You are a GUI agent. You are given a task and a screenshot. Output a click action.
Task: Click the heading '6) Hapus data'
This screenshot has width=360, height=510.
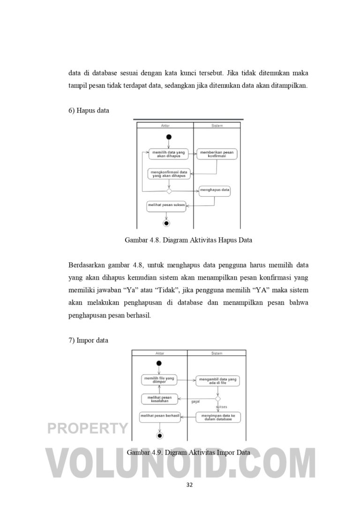coord(89,110)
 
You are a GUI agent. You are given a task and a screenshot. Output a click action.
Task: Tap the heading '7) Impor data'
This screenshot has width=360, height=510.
coord(88,340)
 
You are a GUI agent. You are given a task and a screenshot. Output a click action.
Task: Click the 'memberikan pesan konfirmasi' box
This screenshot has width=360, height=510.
coord(217,154)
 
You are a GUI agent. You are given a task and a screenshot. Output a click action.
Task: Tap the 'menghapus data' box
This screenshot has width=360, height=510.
coord(215,190)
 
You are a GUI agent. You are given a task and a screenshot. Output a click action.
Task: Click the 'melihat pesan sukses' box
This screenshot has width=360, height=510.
coord(166,205)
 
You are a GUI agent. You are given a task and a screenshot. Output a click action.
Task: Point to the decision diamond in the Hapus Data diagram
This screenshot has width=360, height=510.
coord(169,191)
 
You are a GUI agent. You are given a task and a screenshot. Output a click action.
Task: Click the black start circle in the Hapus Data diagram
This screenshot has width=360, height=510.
coord(169,137)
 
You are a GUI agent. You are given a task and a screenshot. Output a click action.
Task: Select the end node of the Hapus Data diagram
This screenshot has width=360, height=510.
coord(166,223)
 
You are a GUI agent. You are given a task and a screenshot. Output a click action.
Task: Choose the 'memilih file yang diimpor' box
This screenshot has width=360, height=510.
coord(159,380)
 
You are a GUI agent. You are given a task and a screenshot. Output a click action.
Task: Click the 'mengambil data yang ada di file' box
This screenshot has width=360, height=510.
coord(217,381)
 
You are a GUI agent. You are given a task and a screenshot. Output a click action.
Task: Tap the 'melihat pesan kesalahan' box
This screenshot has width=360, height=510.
coord(159,399)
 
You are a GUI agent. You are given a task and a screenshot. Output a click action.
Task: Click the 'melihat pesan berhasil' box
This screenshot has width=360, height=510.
coord(160,416)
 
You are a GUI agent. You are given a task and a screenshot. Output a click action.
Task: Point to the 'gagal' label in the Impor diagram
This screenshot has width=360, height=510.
coord(196,402)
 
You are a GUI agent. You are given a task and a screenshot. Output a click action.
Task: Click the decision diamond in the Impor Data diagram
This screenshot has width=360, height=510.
coord(217,399)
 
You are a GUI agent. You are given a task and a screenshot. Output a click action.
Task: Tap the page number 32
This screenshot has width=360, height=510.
coord(189,485)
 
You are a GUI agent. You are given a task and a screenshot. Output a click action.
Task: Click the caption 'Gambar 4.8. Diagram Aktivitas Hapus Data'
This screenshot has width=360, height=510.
coord(188,240)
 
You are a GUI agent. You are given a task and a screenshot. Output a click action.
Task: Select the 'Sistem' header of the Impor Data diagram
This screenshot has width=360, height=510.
coord(217,353)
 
